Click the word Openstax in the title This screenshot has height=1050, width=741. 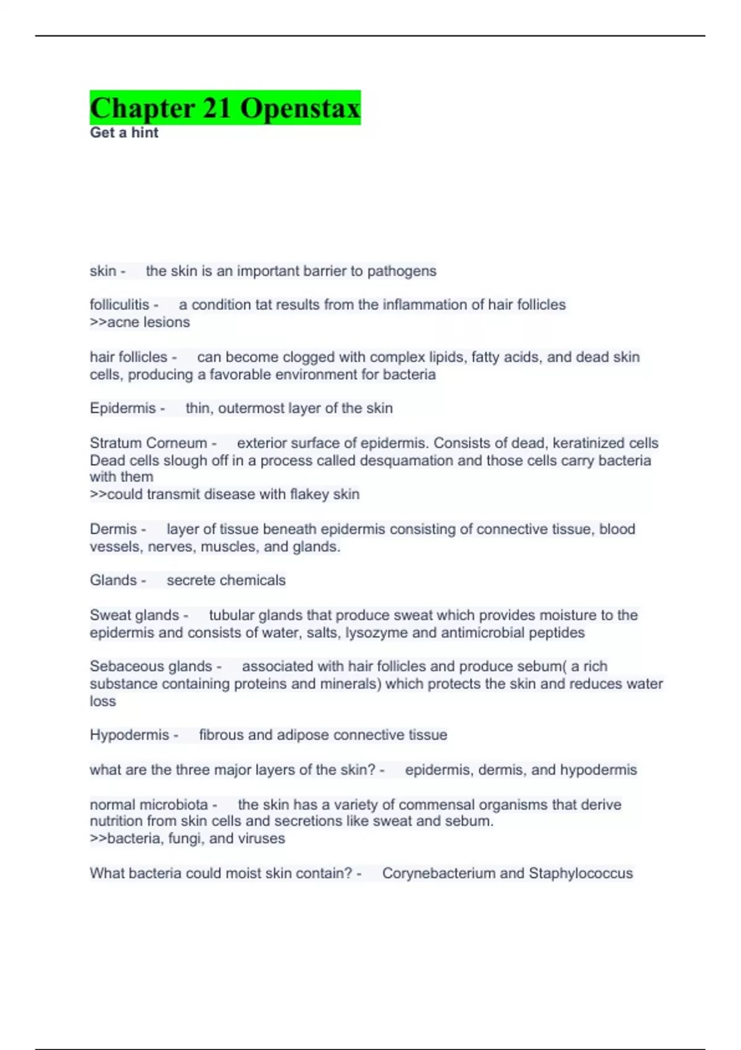click(x=300, y=109)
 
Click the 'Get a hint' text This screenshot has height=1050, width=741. click(x=124, y=133)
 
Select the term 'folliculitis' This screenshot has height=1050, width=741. click(x=119, y=304)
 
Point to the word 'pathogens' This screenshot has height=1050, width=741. click(x=402, y=271)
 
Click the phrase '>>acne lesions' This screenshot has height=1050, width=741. click(x=140, y=322)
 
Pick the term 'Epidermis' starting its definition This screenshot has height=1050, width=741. click(x=123, y=408)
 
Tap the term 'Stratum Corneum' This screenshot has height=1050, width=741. click(x=148, y=443)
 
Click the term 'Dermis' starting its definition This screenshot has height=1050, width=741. click(x=113, y=529)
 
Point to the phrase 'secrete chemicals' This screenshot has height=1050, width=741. click(x=226, y=580)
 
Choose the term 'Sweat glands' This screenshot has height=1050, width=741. click(x=134, y=615)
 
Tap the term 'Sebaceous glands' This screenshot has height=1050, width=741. click(x=151, y=666)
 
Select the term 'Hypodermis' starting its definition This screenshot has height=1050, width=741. click(x=129, y=735)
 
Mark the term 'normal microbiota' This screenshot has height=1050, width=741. click(x=149, y=805)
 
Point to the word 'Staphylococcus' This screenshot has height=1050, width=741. click(x=580, y=873)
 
